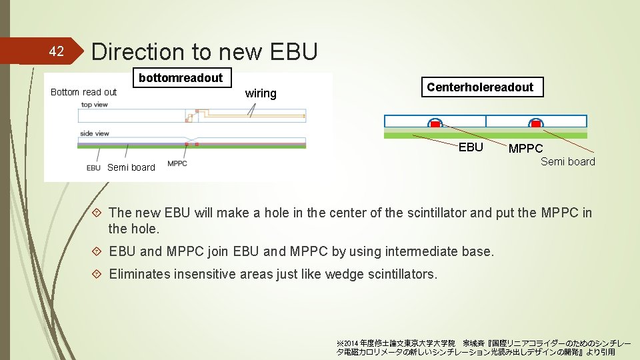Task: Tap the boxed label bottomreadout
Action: pyautogui.click(x=181, y=78)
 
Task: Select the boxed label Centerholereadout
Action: pyautogui.click(x=480, y=87)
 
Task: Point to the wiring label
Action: pyautogui.click(x=261, y=93)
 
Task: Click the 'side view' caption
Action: pyautogui.click(x=94, y=133)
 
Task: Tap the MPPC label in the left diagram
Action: pyautogui.click(x=177, y=163)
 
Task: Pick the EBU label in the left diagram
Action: pyautogui.click(x=93, y=168)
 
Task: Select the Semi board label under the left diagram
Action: pyautogui.click(x=131, y=167)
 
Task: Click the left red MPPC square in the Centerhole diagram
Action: pyautogui.click(x=435, y=124)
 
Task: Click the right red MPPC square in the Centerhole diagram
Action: pyautogui.click(x=536, y=124)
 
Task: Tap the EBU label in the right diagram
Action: pyautogui.click(x=471, y=147)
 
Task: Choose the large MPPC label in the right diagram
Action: pyautogui.click(x=525, y=149)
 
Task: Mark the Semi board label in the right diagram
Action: pyautogui.click(x=567, y=161)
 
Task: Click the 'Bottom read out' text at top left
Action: pyautogui.click(x=83, y=92)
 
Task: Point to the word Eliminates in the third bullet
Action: pyautogui.click(x=139, y=273)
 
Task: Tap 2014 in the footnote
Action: pyautogui.click(x=351, y=343)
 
